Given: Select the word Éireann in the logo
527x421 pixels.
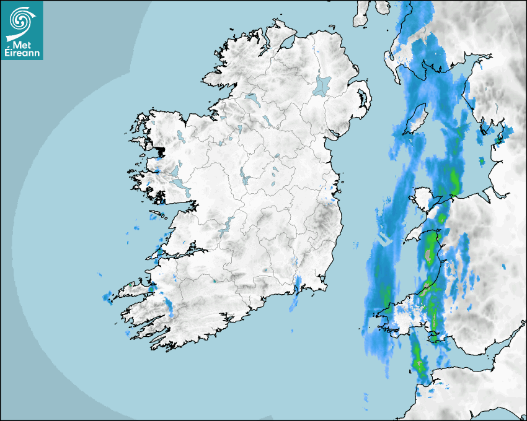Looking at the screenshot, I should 23,53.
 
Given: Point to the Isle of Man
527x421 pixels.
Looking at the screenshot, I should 417,119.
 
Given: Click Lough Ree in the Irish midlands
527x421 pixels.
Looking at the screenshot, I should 245,176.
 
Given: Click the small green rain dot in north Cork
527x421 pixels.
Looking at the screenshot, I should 214,281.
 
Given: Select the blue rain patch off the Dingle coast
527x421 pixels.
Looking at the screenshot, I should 107,297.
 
